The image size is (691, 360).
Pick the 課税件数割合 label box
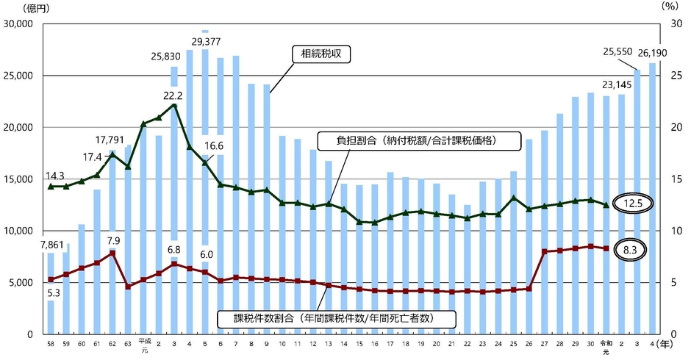[x=334, y=319]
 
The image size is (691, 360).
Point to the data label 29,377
[x=205, y=41]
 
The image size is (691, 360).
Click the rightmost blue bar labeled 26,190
[x=652, y=198]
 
